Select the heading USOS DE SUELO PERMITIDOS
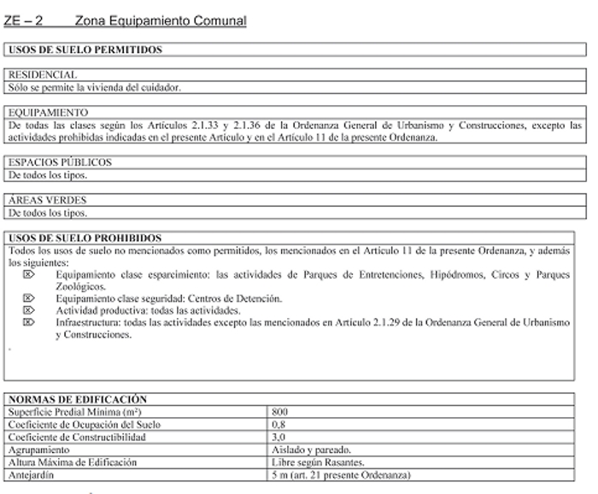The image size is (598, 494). tap(85, 50)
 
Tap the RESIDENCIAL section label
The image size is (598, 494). tap(41, 75)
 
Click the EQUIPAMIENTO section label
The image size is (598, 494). tap(47, 112)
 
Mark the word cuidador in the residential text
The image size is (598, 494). tap(160, 87)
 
